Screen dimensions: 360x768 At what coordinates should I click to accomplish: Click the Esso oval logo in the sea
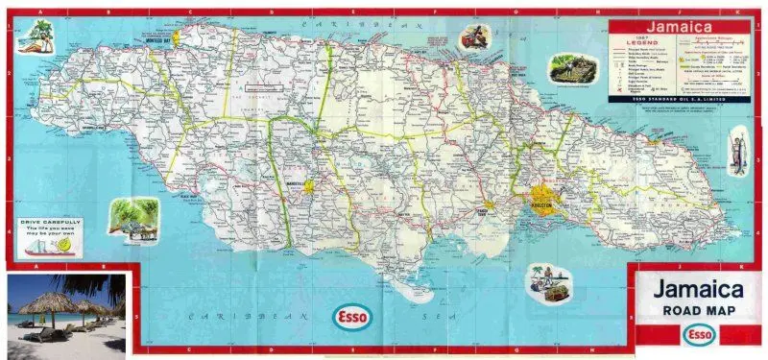(352, 317)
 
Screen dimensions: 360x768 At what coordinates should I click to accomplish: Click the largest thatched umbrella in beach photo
(45, 303)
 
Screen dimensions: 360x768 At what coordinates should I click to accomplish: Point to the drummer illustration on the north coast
(471, 38)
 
